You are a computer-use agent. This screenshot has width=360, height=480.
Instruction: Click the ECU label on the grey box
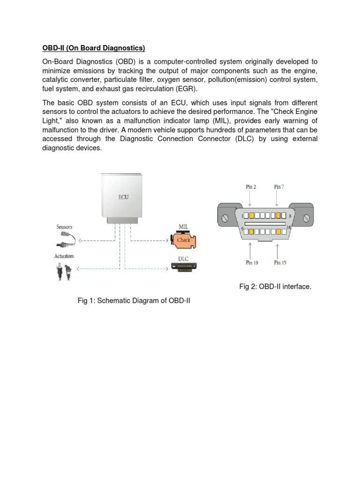tap(123, 197)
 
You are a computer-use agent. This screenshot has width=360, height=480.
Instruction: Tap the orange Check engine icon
tap(184, 240)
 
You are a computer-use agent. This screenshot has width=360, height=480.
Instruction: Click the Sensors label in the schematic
tap(64, 227)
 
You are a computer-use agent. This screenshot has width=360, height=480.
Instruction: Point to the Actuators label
tap(64, 256)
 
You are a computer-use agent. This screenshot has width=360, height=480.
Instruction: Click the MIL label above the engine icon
tap(183, 227)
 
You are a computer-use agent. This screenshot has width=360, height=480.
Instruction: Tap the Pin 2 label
tap(251, 187)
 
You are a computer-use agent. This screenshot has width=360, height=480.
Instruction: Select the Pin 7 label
tap(279, 187)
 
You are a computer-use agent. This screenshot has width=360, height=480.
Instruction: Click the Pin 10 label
tap(252, 262)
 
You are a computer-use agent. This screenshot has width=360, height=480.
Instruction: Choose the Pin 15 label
tap(280, 262)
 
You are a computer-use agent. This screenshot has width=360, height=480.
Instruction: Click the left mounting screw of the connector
tap(225, 218)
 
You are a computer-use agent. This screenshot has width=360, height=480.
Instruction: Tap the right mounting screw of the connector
tap(306, 218)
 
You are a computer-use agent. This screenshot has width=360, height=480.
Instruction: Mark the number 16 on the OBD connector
tap(288, 227)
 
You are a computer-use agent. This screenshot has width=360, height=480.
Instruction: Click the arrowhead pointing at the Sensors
tap(80, 240)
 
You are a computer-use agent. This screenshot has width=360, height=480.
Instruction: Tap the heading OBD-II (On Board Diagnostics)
tap(94, 48)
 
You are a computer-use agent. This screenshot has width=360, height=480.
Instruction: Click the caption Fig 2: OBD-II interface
tap(275, 286)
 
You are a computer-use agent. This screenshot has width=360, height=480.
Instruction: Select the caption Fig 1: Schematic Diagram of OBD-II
tap(134, 300)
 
